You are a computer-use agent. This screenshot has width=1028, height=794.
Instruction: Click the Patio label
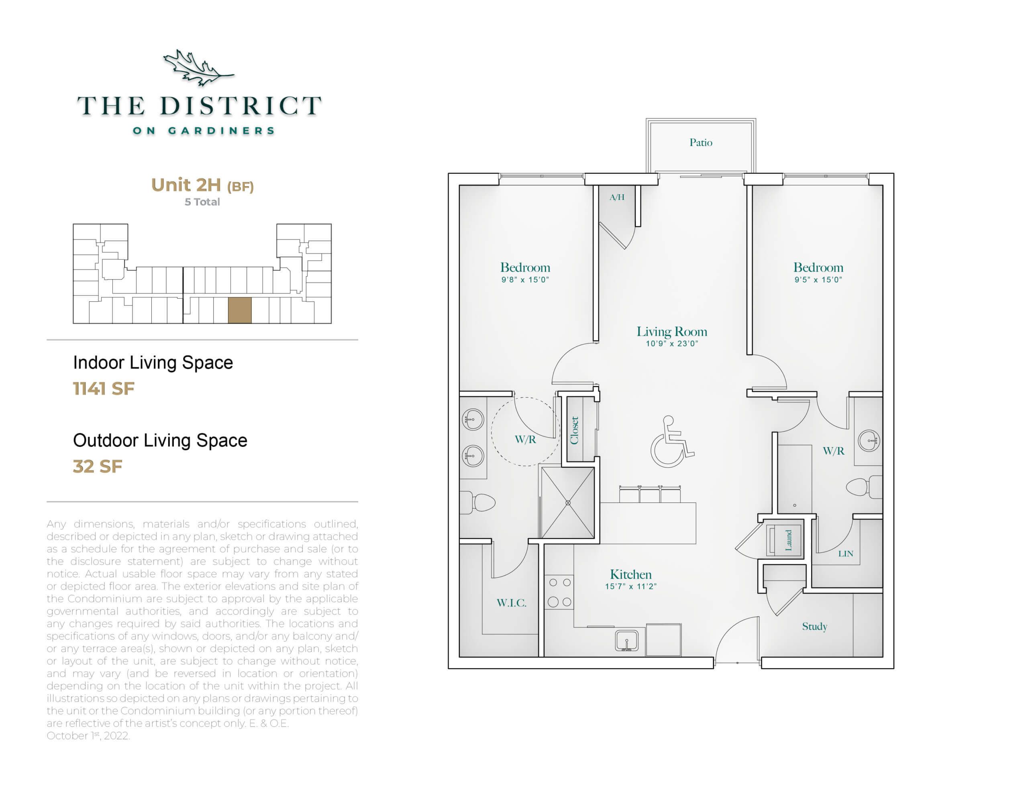pyautogui.click(x=700, y=142)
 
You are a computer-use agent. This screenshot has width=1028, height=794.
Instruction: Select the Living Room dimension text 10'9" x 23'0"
pyautogui.click(x=671, y=344)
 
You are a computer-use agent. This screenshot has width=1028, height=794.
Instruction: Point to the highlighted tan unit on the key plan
pyautogui.click(x=240, y=310)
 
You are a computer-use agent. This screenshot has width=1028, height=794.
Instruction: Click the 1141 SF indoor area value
pyautogui.click(x=104, y=389)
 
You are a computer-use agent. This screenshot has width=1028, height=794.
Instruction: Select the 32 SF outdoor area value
pyautogui.click(x=98, y=466)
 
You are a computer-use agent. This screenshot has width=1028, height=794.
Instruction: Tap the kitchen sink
pyautogui.click(x=627, y=641)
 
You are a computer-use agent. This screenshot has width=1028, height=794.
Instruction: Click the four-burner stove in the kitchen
pyautogui.click(x=559, y=592)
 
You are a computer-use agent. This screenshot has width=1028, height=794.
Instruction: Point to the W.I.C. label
pyautogui.click(x=511, y=603)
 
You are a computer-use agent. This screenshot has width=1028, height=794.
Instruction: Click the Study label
pyautogui.click(x=814, y=627)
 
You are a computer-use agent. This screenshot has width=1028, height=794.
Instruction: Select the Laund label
pyautogui.click(x=788, y=540)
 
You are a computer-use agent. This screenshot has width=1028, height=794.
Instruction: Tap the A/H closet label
pyautogui.click(x=617, y=197)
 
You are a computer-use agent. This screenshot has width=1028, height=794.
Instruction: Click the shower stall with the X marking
pyautogui.click(x=568, y=503)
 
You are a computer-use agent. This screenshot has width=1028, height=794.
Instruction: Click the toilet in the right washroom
pyautogui.click(x=864, y=487)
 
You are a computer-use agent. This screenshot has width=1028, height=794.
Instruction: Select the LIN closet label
pyautogui.click(x=845, y=554)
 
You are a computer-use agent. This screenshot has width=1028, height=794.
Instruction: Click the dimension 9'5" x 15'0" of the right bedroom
pyautogui.click(x=818, y=279)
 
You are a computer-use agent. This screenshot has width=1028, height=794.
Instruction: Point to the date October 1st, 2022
pyautogui.click(x=88, y=736)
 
